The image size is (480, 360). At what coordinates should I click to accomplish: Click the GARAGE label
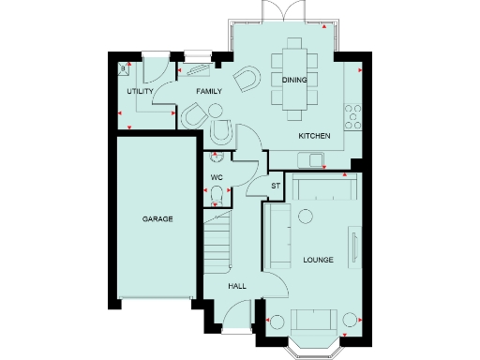click(x=157, y=218)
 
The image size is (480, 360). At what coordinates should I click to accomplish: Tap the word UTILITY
click(x=140, y=91)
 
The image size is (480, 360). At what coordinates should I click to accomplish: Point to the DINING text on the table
click(x=293, y=80)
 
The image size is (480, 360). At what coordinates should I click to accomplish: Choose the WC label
click(x=216, y=176)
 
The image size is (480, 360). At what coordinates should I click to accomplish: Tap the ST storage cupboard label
click(x=276, y=187)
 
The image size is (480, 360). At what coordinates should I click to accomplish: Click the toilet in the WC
click(x=217, y=194)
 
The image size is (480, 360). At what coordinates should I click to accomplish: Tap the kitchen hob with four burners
click(x=355, y=116)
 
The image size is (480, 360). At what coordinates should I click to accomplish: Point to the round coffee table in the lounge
click(x=304, y=217)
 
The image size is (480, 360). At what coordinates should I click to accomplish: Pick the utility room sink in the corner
click(x=125, y=68)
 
